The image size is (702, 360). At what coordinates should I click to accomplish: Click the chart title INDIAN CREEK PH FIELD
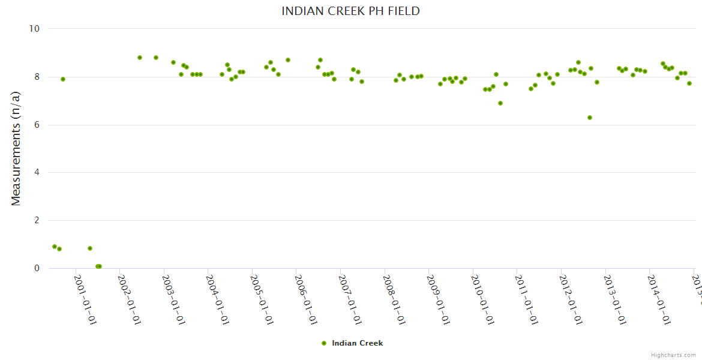tap(350, 11)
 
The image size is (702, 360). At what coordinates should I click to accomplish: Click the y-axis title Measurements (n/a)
tap(16, 148)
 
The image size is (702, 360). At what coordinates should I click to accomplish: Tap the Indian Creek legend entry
tap(357, 343)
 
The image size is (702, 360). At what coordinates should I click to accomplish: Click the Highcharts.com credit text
tap(673, 355)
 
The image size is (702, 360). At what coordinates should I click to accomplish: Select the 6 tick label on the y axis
tap(37, 125)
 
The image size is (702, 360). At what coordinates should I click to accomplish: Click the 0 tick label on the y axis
tap(37, 268)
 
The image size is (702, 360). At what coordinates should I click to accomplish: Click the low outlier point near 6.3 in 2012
tap(590, 118)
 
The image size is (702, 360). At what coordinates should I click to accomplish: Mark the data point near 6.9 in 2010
tap(500, 103)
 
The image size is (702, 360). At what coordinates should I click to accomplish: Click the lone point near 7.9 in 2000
tap(63, 79)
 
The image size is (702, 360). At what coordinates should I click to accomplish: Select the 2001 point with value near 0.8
tap(90, 248)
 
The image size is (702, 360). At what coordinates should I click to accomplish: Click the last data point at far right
tap(689, 83)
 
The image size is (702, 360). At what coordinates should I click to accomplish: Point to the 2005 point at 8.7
tap(288, 60)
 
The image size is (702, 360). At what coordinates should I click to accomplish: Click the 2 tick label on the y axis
tap(37, 220)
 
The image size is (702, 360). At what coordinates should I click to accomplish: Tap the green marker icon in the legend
tap(324, 343)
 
